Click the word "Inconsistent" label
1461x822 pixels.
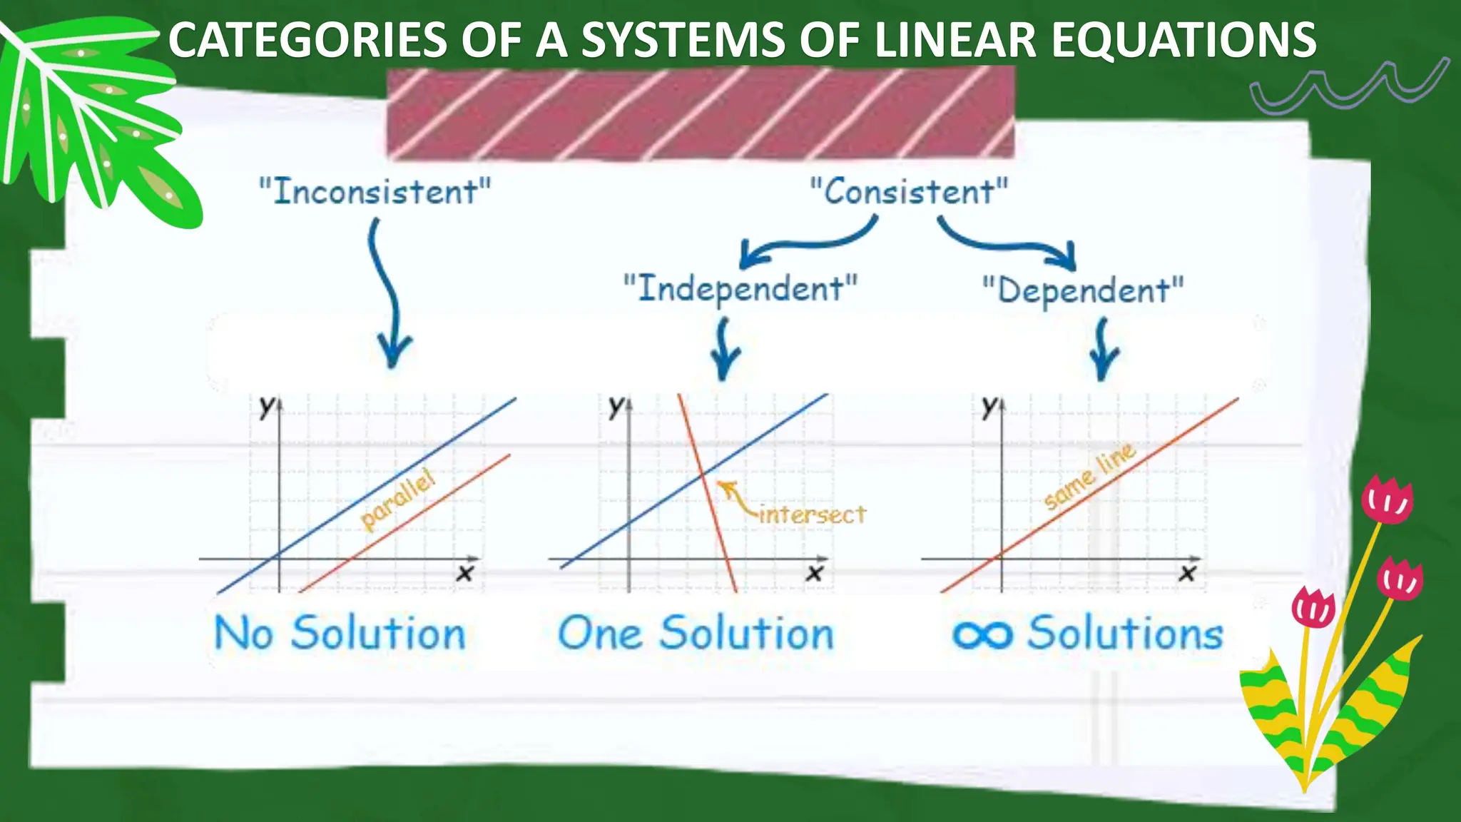375,191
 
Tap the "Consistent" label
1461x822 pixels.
909,191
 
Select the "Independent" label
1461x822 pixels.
740,288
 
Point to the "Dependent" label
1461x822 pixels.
1083,290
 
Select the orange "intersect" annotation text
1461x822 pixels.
812,514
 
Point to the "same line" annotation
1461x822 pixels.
1089,476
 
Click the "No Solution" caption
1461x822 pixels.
340,633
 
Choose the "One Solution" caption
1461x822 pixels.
696,633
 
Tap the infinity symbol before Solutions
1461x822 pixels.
982,634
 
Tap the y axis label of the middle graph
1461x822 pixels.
616,406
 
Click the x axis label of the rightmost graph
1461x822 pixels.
1187,572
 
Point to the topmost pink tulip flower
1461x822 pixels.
1387,499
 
